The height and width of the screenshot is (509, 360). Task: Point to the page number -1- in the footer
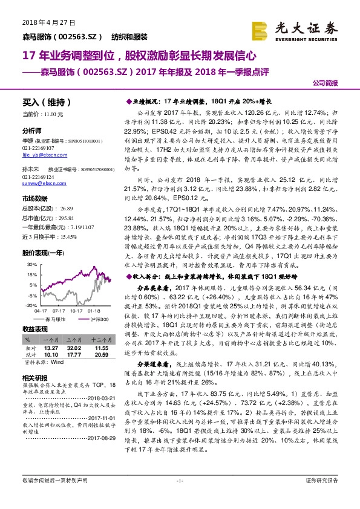(x=179, y=497)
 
